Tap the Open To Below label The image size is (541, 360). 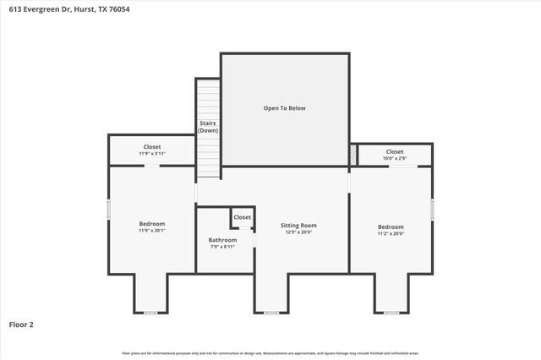(284, 108)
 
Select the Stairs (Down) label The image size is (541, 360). (208, 127)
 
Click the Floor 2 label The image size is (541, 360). (21, 324)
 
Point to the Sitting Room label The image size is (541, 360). (298, 225)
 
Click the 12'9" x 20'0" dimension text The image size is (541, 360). (298, 232)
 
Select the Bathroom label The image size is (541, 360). (222, 240)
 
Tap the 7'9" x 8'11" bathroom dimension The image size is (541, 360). (222, 248)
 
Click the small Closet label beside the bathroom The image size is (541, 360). (243, 217)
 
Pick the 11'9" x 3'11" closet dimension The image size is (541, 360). (152, 154)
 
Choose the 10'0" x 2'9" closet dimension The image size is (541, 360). (395, 158)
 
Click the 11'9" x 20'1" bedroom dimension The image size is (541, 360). (152, 231)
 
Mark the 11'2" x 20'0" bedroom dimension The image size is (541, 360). (391, 234)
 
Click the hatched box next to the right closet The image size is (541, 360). (352, 155)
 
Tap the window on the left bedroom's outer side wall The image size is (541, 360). (108, 210)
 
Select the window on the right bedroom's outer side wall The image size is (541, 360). (432, 209)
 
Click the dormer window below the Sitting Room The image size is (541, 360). (271, 313)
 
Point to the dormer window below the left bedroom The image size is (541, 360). (150, 313)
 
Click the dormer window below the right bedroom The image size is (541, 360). (391, 313)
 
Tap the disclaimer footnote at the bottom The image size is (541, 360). (270, 352)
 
